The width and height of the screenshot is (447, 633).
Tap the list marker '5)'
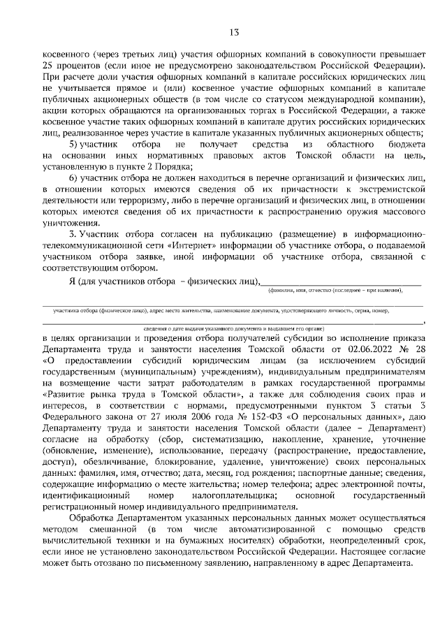(x=71, y=143)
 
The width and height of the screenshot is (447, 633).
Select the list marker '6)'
(x=71, y=177)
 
